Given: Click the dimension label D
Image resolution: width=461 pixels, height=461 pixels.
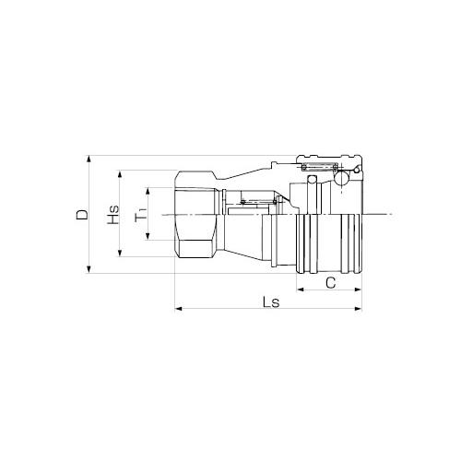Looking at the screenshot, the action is point(82,215).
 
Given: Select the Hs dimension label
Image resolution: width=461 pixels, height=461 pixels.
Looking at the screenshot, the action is point(112,214).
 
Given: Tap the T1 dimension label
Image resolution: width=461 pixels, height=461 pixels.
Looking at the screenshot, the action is point(141,214).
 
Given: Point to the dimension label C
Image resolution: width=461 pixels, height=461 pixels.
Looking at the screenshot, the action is point(330,283).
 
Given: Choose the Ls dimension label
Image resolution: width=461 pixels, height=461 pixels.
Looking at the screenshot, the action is point(271,302).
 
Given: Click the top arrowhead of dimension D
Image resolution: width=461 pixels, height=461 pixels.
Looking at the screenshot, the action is point(89,160).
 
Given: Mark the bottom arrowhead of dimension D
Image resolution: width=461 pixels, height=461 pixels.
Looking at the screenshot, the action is point(89,269).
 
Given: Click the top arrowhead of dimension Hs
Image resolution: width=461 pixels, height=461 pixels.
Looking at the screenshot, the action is point(120,174).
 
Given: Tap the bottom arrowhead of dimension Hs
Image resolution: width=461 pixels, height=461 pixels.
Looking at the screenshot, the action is point(120,253).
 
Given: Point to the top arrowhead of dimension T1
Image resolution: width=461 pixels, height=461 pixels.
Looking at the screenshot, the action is point(148,192).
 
